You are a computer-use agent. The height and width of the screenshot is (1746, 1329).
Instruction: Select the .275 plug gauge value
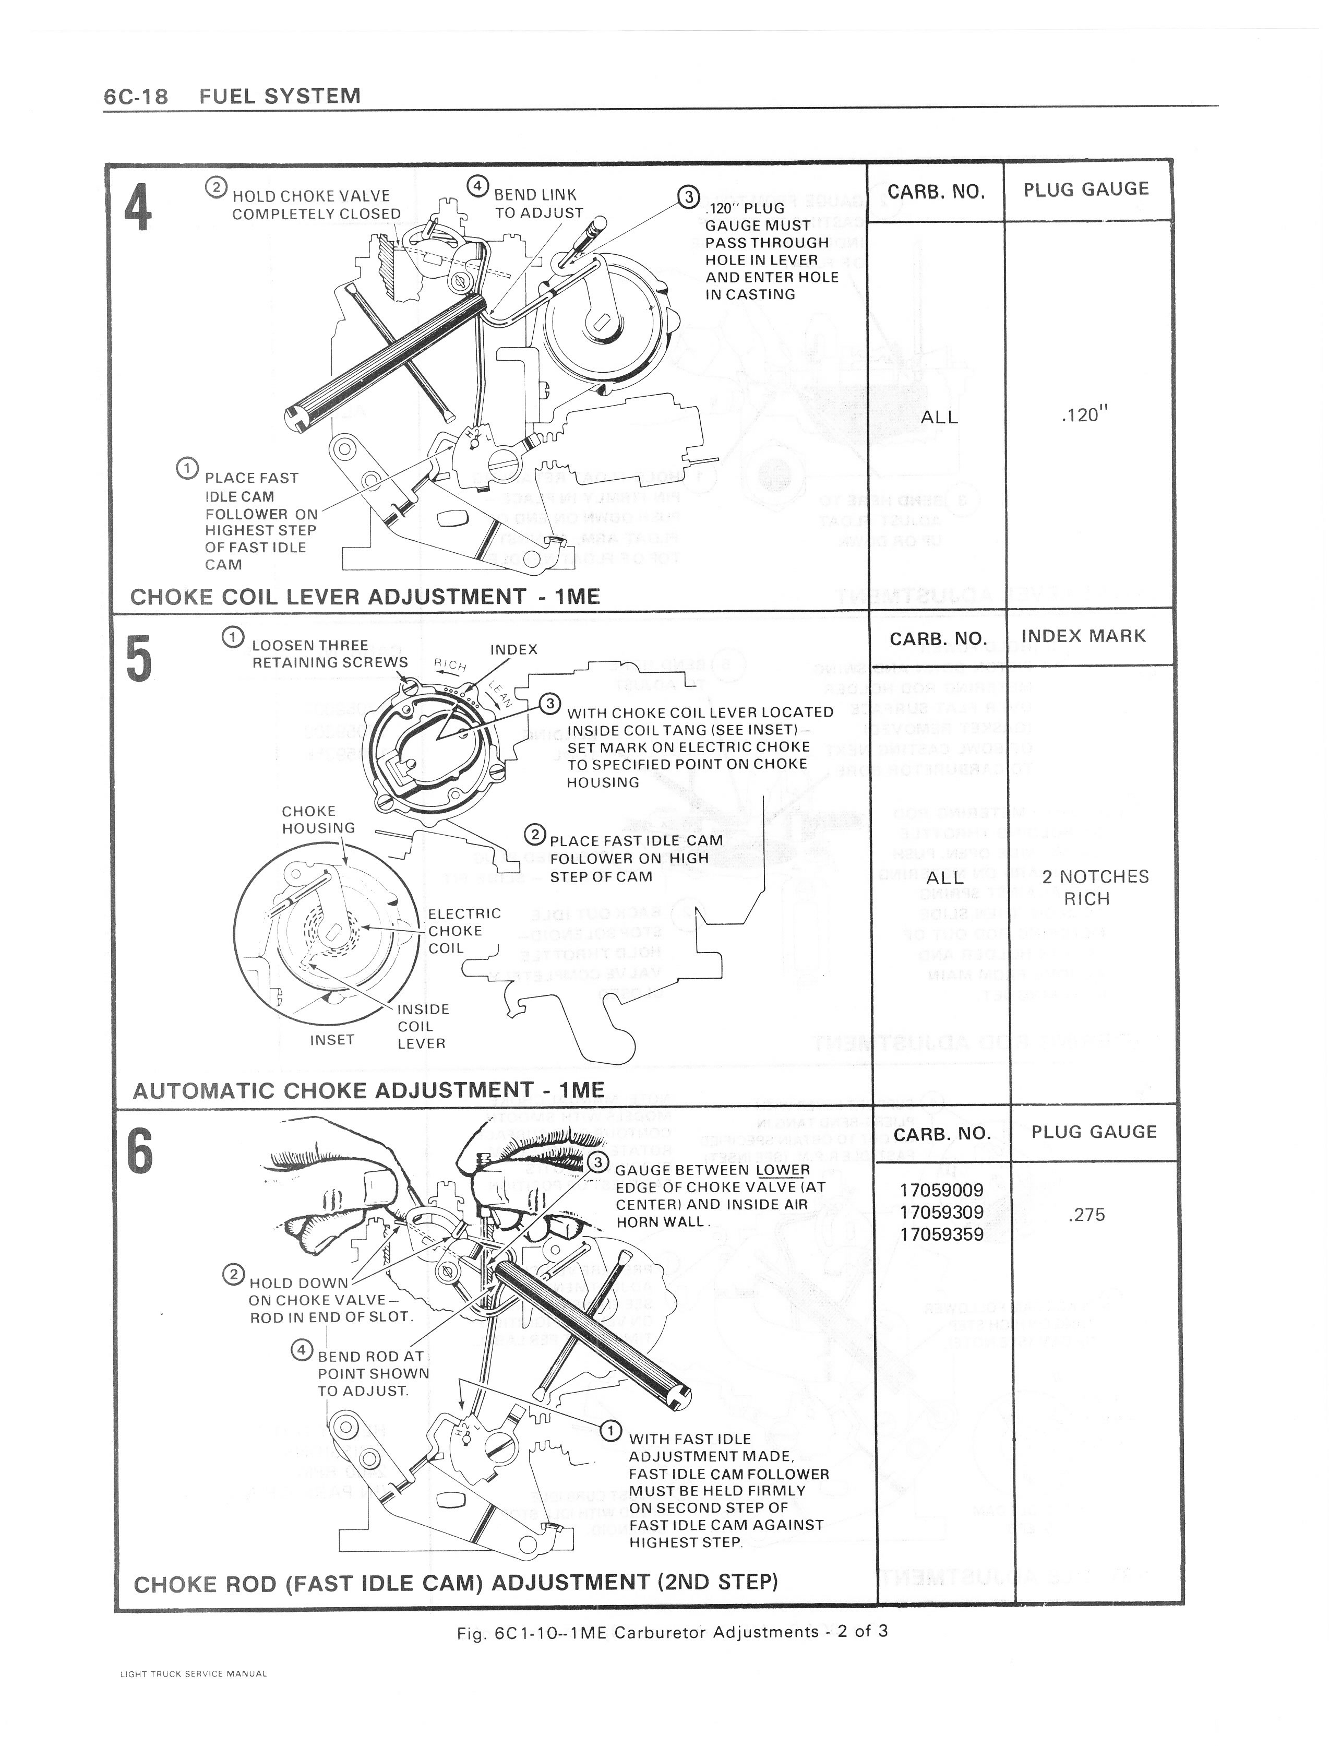click(x=1086, y=1214)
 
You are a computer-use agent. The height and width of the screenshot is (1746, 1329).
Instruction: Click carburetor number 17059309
click(x=941, y=1212)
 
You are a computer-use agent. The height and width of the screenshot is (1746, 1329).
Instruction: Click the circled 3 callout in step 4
click(x=688, y=197)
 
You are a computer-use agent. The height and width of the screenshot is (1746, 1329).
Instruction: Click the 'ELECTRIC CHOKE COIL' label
click(x=464, y=930)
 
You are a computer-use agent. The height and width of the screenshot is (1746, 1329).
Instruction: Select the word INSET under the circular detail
click(x=331, y=1040)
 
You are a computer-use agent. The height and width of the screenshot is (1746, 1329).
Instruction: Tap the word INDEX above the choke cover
click(x=513, y=649)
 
